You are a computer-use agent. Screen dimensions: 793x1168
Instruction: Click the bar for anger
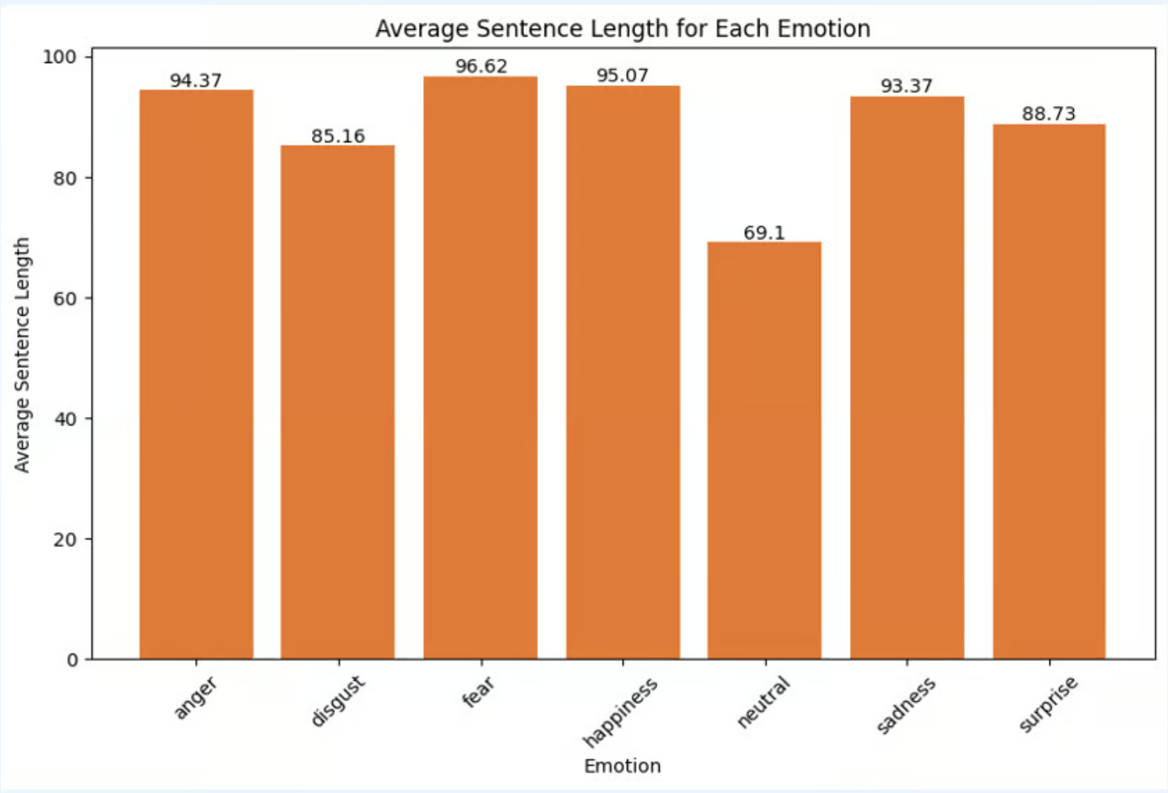click(196, 374)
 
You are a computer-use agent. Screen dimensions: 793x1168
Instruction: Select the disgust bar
click(337, 402)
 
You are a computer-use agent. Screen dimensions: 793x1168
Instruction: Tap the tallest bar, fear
click(480, 368)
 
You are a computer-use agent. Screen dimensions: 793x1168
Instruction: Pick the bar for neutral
click(764, 450)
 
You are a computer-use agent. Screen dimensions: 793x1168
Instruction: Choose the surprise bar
click(1049, 391)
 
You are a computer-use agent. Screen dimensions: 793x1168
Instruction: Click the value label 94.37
click(196, 80)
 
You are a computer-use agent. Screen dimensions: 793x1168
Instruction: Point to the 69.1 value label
click(764, 233)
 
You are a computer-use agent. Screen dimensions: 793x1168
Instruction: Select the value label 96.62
click(481, 66)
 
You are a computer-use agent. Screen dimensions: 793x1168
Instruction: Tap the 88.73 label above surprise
click(1049, 113)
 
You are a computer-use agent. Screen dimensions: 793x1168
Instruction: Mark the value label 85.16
click(338, 136)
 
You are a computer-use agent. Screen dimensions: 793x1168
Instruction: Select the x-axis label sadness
click(906, 705)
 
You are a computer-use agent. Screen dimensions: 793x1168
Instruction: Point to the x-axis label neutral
click(763, 702)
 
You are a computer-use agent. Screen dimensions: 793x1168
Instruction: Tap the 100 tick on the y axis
click(59, 57)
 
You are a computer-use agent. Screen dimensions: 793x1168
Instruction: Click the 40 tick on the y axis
click(65, 419)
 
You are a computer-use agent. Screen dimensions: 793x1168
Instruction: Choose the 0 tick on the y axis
click(72, 660)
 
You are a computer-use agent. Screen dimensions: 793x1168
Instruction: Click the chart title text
click(623, 28)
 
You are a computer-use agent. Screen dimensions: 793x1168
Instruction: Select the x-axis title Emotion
click(622, 766)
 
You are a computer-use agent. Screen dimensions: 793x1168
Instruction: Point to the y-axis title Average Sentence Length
click(22, 354)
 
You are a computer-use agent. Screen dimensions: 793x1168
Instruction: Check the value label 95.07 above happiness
click(623, 75)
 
